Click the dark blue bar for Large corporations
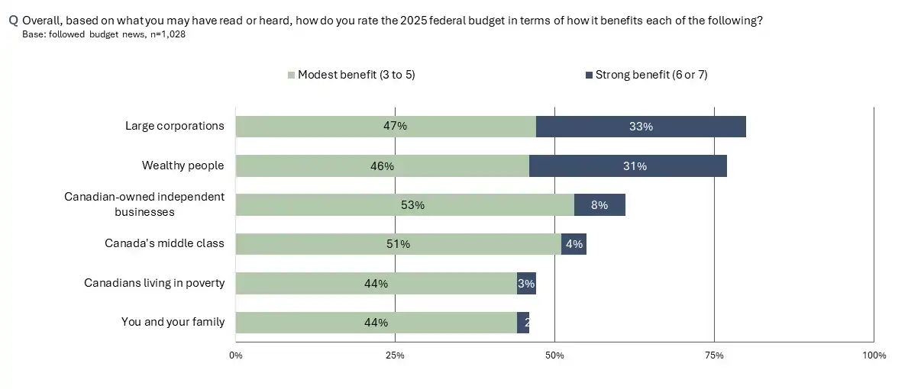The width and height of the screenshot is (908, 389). pyautogui.click(x=641, y=127)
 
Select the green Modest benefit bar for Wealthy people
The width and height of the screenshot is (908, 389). pyautogui.click(x=382, y=166)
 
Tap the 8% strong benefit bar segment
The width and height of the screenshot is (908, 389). pyautogui.click(x=599, y=205)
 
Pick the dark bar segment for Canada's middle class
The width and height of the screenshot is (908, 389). pyautogui.click(x=574, y=244)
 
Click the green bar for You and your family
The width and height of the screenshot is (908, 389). pyautogui.click(x=376, y=323)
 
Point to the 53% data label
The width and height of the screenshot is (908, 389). pyautogui.click(x=413, y=205)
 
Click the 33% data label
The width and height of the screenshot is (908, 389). pyautogui.click(x=641, y=127)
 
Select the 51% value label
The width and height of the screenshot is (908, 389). pyautogui.click(x=399, y=245)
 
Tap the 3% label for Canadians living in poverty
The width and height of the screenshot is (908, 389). pyautogui.click(x=526, y=284)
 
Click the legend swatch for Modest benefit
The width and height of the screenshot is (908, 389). pyautogui.click(x=292, y=76)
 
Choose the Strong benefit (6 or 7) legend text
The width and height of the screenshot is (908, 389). pyautogui.click(x=651, y=75)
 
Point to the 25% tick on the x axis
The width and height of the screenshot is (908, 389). pyautogui.click(x=395, y=355)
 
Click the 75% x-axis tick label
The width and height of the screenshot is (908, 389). pyautogui.click(x=714, y=355)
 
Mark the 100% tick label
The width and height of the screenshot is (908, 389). pyautogui.click(x=874, y=355)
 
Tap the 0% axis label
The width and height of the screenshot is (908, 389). pyautogui.click(x=236, y=355)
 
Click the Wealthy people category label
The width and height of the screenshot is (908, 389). pyautogui.click(x=183, y=166)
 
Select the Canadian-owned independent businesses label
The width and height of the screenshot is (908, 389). pyautogui.click(x=144, y=204)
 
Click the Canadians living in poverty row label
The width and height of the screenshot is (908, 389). pyautogui.click(x=154, y=283)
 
